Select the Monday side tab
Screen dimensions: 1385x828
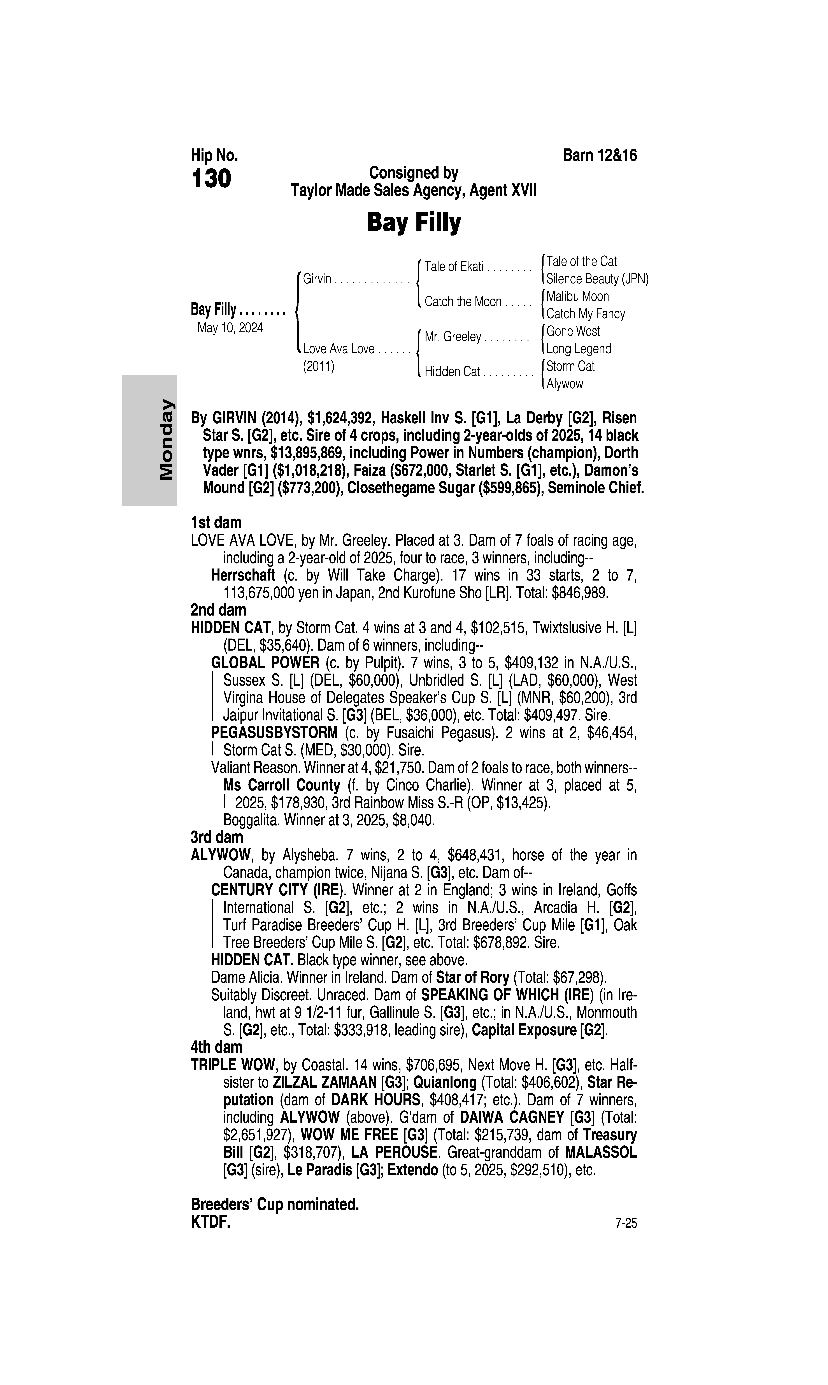click(x=149, y=440)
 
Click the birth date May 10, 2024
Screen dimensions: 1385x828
click(x=230, y=327)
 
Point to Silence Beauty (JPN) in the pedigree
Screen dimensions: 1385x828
click(x=597, y=279)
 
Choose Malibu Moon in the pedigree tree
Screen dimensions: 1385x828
click(x=577, y=296)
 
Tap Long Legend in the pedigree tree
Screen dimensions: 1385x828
click(x=579, y=349)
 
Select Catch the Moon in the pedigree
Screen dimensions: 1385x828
click(x=463, y=302)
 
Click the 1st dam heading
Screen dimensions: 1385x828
click(x=216, y=523)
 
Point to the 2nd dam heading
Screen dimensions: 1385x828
click(x=218, y=610)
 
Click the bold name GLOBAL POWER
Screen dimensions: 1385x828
click(x=265, y=663)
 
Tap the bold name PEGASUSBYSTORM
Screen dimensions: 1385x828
click(x=274, y=733)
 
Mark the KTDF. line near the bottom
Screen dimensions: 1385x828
click(x=210, y=1222)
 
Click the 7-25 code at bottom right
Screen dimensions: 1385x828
click(x=625, y=1223)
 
